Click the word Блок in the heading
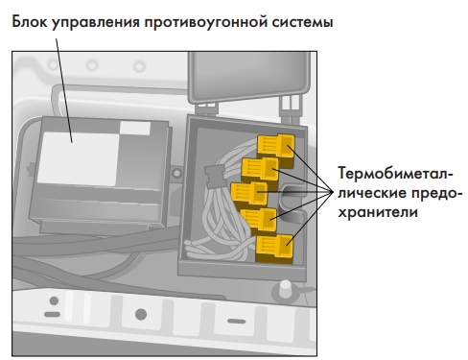coord(34,20)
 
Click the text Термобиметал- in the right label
coord(392,175)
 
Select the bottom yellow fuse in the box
coord(275,250)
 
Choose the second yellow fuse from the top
coord(261,170)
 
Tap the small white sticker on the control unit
coord(135,128)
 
